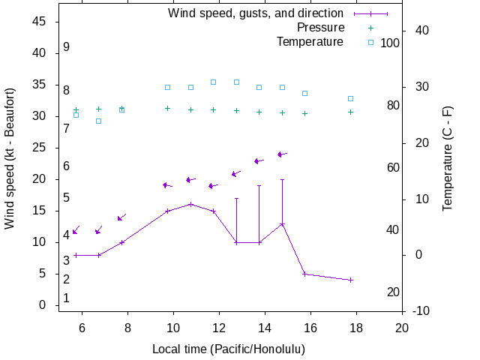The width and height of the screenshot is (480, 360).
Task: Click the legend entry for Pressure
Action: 320,28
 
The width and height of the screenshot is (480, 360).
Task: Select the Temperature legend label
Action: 310,42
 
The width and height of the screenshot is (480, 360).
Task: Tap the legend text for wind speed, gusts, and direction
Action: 256,13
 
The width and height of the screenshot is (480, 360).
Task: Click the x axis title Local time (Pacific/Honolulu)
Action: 229,349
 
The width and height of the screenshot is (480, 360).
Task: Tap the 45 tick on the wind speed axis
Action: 40,22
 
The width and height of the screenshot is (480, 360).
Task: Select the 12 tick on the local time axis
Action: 219,328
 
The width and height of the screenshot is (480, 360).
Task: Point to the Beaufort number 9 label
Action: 67,47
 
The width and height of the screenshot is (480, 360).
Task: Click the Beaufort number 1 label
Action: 67,298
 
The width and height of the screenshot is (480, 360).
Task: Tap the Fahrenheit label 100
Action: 390,43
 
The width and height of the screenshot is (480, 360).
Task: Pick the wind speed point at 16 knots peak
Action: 190,204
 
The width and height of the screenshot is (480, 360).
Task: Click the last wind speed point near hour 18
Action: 350,280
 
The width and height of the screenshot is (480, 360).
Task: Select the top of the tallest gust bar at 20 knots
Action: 282,179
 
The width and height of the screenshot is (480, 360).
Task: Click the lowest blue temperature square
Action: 98,121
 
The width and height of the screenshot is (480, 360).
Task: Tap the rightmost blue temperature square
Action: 350,98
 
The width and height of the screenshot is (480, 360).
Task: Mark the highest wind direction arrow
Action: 281,154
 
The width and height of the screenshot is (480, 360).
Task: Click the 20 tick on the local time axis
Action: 402,328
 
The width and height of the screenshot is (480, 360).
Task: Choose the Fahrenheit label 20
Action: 393,292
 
